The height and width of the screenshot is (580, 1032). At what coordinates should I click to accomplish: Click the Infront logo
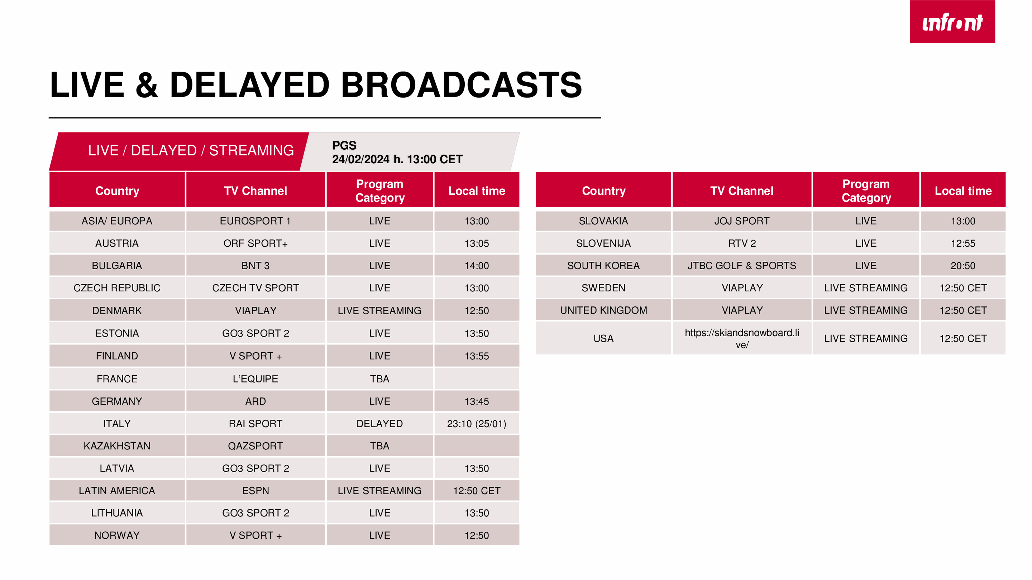click(x=952, y=21)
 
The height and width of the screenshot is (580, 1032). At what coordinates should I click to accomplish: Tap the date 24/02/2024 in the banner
click(x=360, y=159)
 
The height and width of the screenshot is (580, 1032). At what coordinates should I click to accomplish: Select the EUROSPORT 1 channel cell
click(x=255, y=221)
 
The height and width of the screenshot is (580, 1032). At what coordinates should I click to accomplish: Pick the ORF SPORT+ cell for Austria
click(x=255, y=243)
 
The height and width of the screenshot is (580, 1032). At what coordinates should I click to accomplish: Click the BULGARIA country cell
click(x=117, y=266)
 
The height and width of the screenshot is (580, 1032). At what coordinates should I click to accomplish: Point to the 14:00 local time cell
click(x=477, y=266)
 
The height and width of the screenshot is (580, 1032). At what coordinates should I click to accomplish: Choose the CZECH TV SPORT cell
click(x=255, y=288)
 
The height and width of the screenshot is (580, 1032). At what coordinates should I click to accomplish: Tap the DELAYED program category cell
click(x=379, y=424)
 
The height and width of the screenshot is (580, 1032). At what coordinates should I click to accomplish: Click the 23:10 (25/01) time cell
click(x=477, y=424)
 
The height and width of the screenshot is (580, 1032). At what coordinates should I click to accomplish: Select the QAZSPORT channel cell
click(x=255, y=446)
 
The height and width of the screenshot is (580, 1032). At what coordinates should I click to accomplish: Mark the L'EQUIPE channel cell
click(x=255, y=379)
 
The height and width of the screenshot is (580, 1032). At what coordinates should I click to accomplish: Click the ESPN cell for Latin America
click(x=255, y=491)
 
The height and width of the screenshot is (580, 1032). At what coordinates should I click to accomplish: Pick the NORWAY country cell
click(x=117, y=536)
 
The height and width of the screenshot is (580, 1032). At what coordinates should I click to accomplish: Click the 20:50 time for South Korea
click(x=963, y=266)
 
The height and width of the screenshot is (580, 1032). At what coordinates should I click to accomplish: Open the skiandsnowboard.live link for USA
click(x=742, y=339)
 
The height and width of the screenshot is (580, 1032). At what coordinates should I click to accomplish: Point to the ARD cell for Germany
click(x=255, y=401)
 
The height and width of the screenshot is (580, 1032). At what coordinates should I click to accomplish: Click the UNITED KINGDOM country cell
click(x=603, y=310)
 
